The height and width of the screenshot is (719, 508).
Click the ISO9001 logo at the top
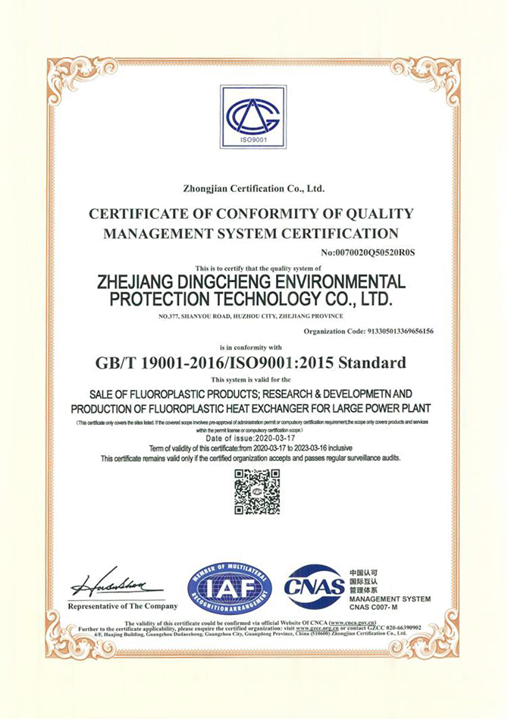pos(253,118)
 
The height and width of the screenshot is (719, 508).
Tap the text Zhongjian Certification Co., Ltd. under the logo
pos(253,187)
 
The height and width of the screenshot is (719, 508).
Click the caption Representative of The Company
pos(123,606)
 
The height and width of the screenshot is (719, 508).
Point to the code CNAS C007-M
pos(380,608)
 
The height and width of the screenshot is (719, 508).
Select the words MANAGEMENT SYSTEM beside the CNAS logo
pos(390,599)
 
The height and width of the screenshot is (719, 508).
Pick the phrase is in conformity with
pos(253,346)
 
